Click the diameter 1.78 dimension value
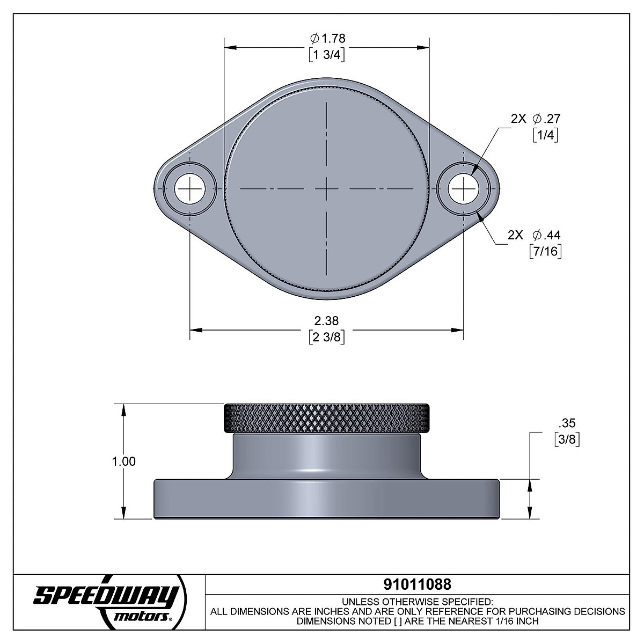(327, 38)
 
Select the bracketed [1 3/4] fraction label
(327, 55)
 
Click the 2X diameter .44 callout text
(534, 235)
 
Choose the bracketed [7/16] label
(545, 252)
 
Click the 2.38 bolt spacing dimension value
(326, 321)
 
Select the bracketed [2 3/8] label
(326, 337)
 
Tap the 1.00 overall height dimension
(125, 462)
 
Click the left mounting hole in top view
(189, 189)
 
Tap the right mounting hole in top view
(464, 189)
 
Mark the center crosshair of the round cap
(326, 189)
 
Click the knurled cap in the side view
(326, 419)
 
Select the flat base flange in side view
(326, 499)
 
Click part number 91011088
(417, 583)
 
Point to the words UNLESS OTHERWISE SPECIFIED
(417, 601)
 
